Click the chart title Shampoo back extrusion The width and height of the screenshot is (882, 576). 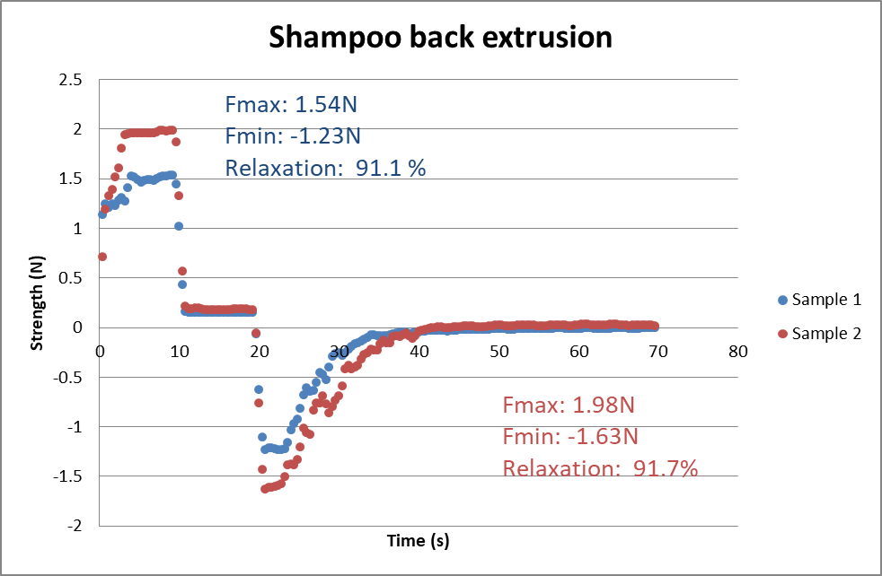440,38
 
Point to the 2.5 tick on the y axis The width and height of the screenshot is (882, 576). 71,80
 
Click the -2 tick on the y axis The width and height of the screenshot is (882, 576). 75,526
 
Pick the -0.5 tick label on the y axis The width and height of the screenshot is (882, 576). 68,377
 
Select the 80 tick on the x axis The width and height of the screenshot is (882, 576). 738,351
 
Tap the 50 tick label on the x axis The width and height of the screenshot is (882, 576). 498,351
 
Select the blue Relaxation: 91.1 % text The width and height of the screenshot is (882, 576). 325,168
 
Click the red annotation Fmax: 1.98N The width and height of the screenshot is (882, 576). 569,405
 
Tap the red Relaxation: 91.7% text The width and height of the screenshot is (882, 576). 600,467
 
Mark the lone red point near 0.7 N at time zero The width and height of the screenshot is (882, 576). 102,257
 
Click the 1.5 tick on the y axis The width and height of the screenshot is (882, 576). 71,179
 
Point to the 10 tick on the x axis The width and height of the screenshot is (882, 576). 180,351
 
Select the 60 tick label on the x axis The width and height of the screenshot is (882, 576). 578,351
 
